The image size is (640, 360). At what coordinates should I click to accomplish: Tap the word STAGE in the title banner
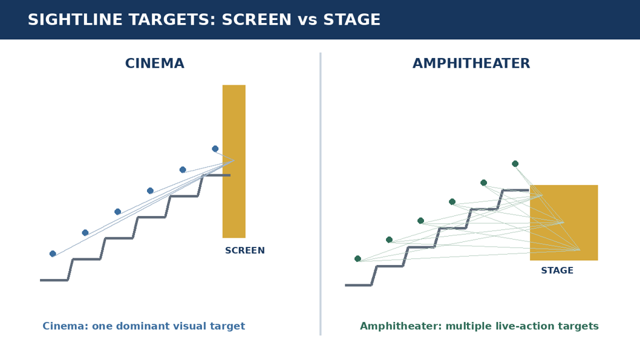pos(352,19)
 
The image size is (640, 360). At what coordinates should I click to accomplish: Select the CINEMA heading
pos(155,64)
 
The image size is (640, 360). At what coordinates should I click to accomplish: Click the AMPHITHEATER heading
pos(471,64)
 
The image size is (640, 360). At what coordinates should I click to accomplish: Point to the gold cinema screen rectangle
pos(234,161)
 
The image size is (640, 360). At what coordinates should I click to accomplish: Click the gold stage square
pos(564,223)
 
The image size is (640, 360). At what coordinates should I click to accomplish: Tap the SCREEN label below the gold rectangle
pos(245,250)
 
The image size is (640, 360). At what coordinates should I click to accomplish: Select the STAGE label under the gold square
pos(557,270)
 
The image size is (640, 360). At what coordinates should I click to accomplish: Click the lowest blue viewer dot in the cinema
pos(53,254)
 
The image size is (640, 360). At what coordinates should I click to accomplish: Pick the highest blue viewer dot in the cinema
pos(215,149)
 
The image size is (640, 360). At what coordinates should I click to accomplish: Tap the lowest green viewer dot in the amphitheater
pos(358,258)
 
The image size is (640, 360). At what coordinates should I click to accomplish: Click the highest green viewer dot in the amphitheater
pos(515,164)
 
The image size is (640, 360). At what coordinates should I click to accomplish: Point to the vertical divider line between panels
pos(321,194)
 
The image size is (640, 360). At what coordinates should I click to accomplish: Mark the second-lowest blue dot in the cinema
pos(85,233)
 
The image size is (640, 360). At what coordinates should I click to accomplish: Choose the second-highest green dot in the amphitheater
pos(484,183)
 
